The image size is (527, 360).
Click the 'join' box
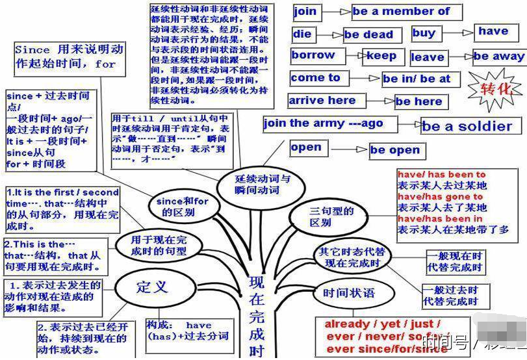306,12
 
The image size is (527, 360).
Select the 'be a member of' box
407,12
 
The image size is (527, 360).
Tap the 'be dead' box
368,34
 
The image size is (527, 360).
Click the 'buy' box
424,33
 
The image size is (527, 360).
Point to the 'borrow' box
314,56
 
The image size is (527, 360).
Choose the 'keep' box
383,56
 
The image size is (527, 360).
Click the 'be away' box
498,57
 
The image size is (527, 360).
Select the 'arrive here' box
323,101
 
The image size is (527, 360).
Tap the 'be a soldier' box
467,126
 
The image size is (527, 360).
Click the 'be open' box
396,150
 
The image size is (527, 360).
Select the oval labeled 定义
152,287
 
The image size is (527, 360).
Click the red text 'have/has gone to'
440,196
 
